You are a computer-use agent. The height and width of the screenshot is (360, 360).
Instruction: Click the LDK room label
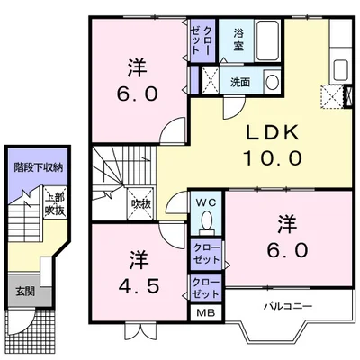273,132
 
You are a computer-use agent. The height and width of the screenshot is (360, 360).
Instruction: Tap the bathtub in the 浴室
267,40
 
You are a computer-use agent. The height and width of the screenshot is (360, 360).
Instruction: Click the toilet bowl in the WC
206,221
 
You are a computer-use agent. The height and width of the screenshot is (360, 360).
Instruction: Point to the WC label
206,202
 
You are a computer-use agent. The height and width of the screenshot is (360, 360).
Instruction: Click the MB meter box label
206,313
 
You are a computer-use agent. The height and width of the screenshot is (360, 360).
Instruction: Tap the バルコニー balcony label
288,306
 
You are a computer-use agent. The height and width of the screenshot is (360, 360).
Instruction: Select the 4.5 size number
139,287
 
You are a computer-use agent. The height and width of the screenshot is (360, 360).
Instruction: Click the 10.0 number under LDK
273,158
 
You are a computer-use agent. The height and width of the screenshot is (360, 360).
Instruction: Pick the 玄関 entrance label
25,291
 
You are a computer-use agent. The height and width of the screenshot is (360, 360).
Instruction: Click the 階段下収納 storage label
39,168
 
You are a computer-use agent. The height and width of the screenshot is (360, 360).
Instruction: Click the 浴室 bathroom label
238,40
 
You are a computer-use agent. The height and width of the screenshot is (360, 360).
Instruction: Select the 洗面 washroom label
240,82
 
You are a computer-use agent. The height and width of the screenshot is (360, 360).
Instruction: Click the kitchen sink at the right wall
340,69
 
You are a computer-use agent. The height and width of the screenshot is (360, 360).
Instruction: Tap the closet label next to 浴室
202,40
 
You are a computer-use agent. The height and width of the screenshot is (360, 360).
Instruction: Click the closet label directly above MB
206,288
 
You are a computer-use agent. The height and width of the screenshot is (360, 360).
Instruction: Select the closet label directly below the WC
206,254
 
